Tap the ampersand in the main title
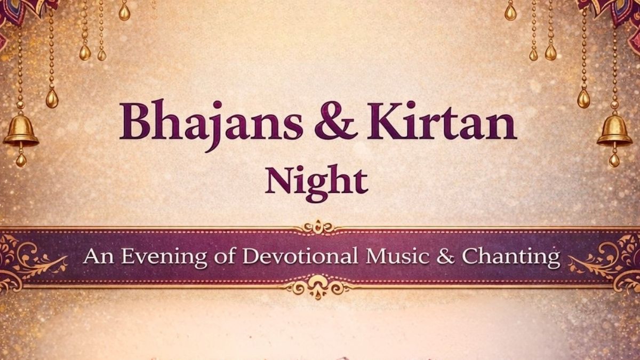(335, 122)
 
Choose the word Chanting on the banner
(510, 257)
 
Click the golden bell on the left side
(20, 132)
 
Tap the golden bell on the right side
(614, 132)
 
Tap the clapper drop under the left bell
(21, 159)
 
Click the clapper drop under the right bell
(614, 159)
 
